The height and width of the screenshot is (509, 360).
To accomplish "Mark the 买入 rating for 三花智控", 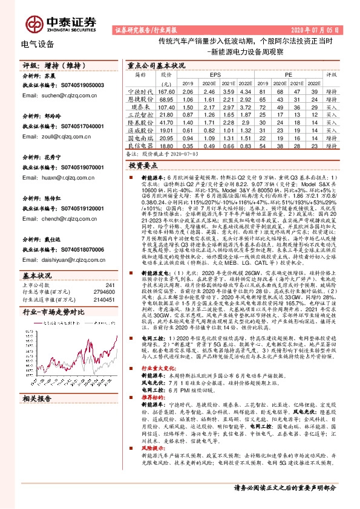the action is coord(332,113).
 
